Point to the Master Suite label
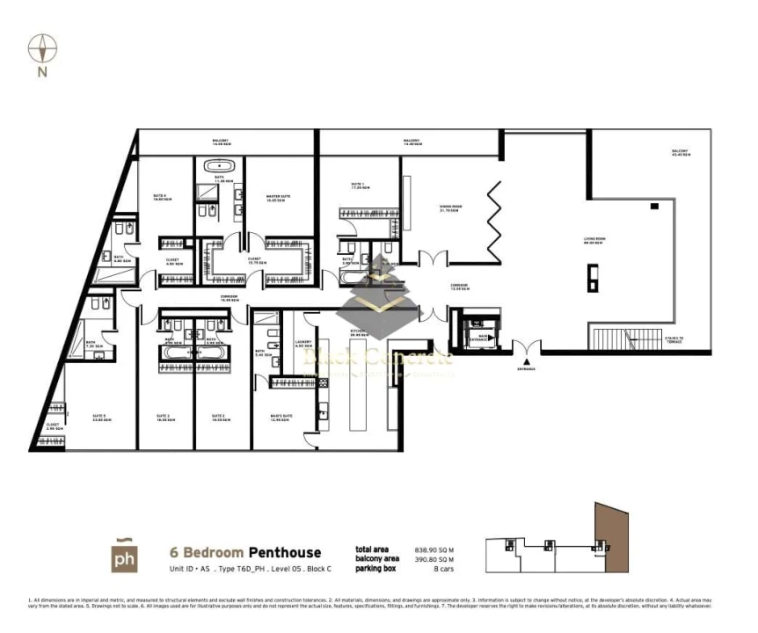[277, 198]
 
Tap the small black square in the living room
[654, 206]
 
